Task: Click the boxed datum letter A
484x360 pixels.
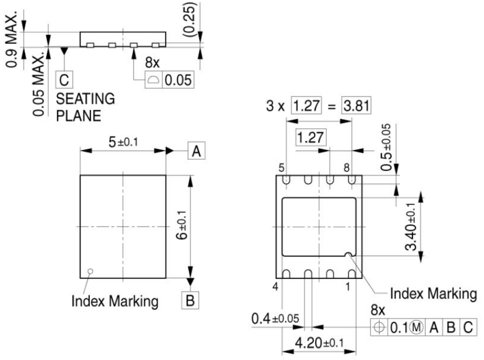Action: click(x=197, y=151)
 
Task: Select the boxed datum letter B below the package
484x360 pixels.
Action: click(x=190, y=300)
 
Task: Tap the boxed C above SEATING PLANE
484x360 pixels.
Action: click(x=64, y=80)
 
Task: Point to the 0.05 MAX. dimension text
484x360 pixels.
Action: click(x=39, y=85)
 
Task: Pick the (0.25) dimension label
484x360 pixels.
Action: click(x=189, y=20)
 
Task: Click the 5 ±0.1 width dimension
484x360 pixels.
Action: click(x=123, y=142)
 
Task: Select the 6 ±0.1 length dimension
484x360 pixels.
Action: click(x=182, y=225)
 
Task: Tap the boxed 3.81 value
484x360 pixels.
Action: click(x=356, y=106)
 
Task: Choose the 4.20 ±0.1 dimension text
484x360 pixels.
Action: click(x=319, y=343)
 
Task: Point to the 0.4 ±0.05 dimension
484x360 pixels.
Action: click(x=275, y=318)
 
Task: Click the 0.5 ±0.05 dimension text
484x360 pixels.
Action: click(x=386, y=147)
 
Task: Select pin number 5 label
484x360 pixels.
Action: click(x=281, y=168)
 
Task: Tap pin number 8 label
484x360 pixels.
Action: click(x=346, y=168)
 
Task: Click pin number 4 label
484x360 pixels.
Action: click(x=275, y=286)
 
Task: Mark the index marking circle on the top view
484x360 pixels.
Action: click(x=90, y=271)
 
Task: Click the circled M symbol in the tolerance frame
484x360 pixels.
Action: click(x=416, y=327)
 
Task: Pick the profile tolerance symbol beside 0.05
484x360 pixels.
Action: click(x=153, y=80)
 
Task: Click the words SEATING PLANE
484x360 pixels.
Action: click(x=85, y=107)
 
